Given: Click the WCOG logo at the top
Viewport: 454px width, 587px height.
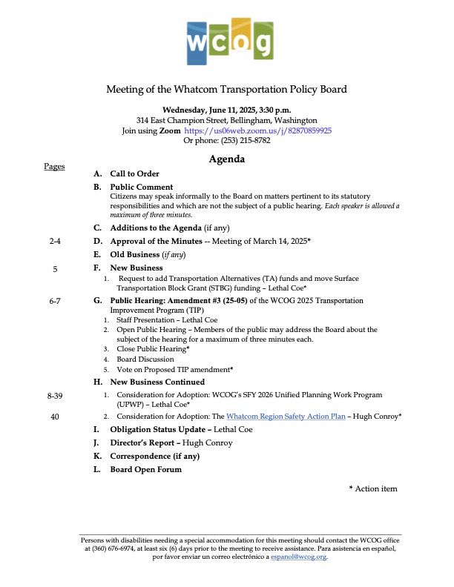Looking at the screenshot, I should pyautogui.click(x=226, y=41).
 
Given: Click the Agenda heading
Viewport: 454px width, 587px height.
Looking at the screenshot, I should pyautogui.click(x=226, y=159).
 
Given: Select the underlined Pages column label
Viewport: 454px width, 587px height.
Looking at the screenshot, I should pyautogui.click(x=54, y=167).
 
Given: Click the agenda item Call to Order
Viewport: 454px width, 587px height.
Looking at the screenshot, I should pyautogui.click(x=135, y=173).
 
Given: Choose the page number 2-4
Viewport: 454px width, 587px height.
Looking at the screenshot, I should pyautogui.click(x=55, y=242).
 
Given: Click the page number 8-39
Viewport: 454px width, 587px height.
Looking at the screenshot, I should pyautogui.click(x=55, y=397).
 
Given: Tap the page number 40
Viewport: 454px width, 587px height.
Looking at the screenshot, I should pyautogui.click(x=55, y=417).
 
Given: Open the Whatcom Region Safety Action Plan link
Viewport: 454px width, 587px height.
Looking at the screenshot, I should pyautogui.click(x=286, y=417).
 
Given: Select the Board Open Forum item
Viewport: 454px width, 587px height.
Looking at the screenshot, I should pyautogui.click(x=145, y=470).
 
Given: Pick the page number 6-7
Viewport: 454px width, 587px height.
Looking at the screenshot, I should pyautogui.click(x=55, y=301).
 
